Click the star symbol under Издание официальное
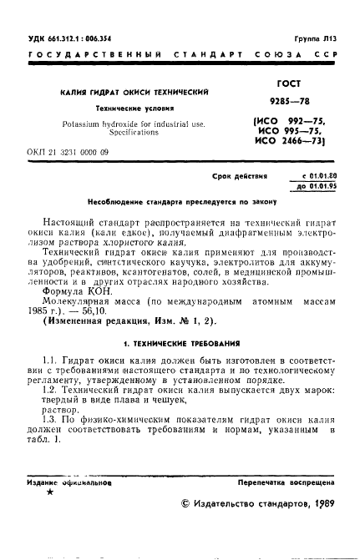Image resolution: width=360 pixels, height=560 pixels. [x=52, y=493]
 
